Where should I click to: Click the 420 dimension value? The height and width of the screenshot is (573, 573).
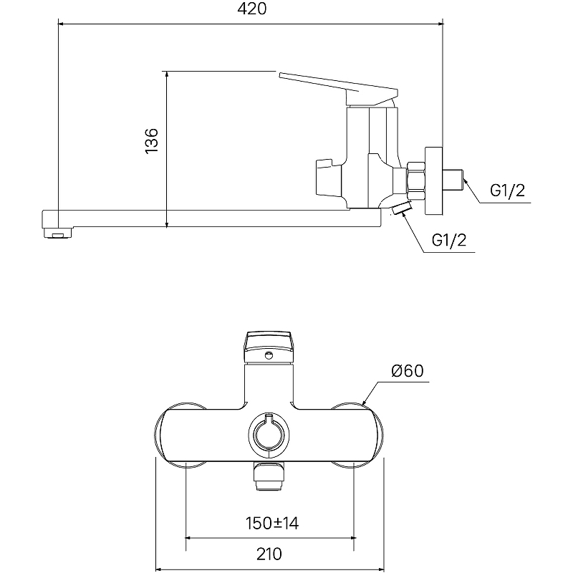pos(252,9)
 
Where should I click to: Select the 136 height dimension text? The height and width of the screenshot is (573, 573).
pos(152,141)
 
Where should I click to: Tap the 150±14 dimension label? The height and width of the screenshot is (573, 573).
pos(272,524)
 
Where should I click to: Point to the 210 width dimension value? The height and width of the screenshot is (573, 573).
pos(269,554)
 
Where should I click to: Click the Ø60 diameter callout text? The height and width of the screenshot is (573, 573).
pos(408,371)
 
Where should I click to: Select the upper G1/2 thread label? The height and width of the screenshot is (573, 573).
pos(507,191)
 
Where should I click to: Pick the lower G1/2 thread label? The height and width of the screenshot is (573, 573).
pos(449,240)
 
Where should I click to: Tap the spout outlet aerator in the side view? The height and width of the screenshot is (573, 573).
pos(58,232)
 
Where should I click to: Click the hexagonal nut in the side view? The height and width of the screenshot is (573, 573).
pos(415,181)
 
